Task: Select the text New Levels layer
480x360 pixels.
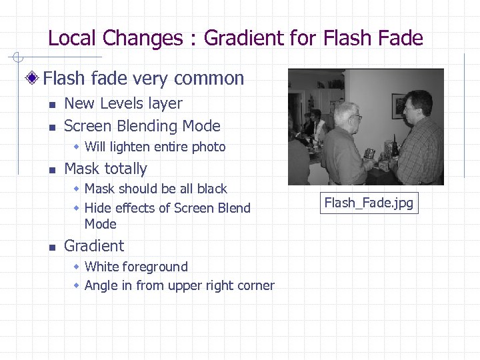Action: (123, 103)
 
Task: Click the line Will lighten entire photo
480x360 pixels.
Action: (155, 147)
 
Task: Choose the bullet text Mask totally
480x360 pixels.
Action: (105, 169)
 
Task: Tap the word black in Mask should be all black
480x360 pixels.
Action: (211, 189)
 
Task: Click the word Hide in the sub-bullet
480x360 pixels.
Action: (98, 208)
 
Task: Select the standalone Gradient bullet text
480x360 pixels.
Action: (94, 246)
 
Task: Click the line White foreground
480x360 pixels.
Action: (136, 267)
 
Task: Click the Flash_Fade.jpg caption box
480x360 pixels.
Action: (369, 203)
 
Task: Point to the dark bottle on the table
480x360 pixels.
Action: (395, 145)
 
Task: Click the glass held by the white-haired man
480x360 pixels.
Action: (369, 155)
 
